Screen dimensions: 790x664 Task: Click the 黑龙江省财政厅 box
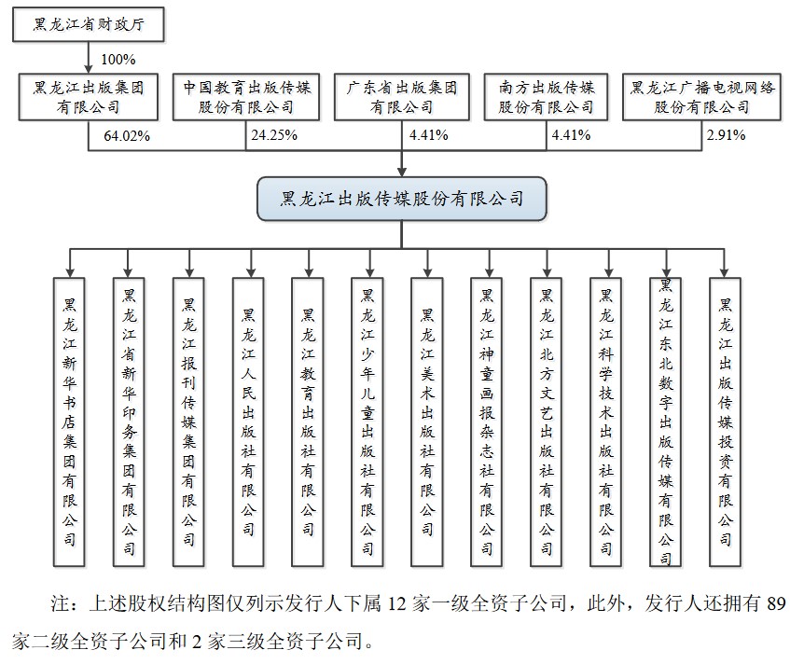89,24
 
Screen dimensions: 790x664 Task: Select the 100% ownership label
118,60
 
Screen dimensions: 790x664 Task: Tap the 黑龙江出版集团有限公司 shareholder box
89,97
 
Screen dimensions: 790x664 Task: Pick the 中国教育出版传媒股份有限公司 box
246,97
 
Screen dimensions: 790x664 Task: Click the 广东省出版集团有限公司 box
402,97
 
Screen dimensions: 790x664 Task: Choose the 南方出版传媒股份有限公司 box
547,97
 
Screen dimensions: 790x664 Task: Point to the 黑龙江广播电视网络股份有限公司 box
701,97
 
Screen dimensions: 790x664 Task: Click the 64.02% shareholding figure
127,136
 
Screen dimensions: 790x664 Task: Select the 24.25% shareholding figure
274,135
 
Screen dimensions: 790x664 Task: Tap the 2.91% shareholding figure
726,135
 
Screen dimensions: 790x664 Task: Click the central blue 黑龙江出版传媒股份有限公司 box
402,199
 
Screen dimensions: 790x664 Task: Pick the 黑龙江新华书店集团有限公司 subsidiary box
69,422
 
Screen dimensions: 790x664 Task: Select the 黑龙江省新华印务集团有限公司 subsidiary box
129,422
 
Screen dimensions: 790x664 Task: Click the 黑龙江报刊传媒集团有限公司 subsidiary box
188,422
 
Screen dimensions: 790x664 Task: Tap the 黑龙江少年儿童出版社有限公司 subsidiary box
367,422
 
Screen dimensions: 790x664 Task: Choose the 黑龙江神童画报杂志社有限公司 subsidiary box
486,422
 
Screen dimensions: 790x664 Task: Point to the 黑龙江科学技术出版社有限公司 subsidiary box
605,422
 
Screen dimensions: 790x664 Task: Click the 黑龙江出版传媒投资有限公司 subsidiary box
725,422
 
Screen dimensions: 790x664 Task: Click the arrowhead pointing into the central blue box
402,172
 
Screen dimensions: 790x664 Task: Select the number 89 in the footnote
776,603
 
